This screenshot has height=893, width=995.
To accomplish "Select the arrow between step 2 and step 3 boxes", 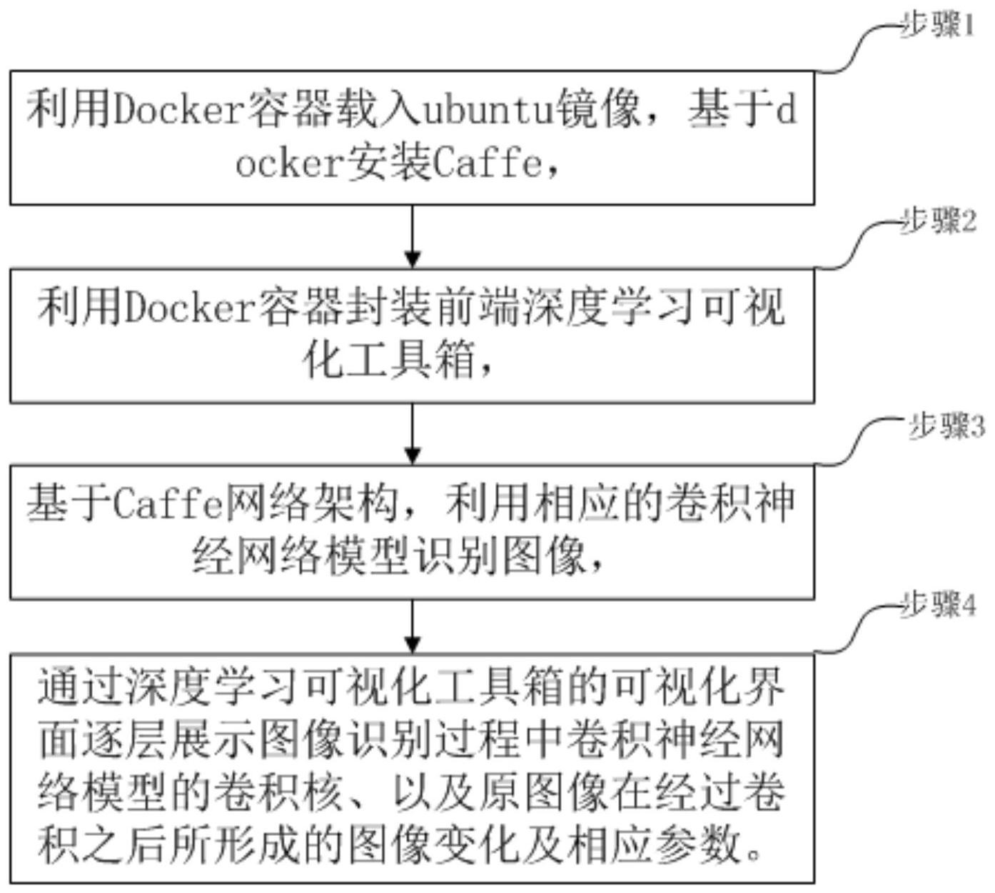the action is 413,434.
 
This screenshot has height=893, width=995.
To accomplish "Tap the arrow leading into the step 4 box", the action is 413,627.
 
